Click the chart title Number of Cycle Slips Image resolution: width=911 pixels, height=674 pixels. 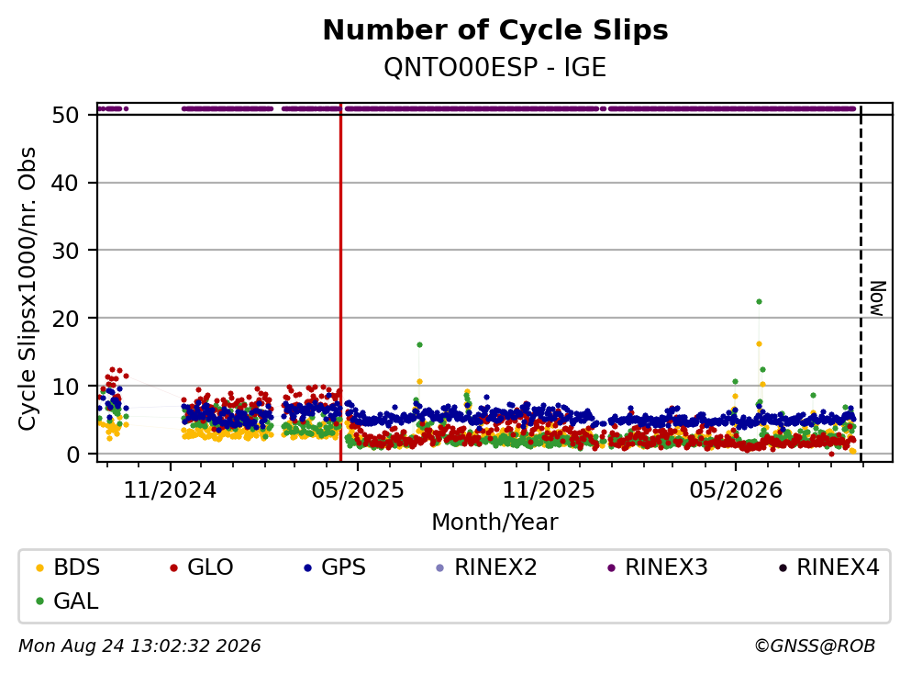(x=495, y=30)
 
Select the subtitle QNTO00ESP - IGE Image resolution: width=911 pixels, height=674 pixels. (x=495, y=67)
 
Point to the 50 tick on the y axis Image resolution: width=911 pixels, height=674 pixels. (x=66, y=115)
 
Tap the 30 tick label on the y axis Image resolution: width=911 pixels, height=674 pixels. (x=66, y=251)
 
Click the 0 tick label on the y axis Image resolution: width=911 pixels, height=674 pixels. (x=73, y=455)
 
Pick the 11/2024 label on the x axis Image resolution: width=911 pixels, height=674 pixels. (x=170, y=490)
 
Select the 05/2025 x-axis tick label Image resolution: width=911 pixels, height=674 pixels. (x=357, y=490)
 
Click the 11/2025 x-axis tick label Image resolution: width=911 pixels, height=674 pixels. (x=549, y=490)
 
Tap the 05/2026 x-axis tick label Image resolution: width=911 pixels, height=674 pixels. (x=736, y=490)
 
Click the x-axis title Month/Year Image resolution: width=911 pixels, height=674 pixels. (x=494, y=522)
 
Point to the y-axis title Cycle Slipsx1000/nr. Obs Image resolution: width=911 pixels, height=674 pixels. (x=28, y=288)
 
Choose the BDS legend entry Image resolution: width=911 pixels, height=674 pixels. (x=67, y=567)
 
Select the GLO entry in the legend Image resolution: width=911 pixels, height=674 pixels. (x=201, y=567)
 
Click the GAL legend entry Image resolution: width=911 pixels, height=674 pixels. (x=67, y=601)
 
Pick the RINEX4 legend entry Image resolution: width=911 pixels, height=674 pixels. (x=829, y=567)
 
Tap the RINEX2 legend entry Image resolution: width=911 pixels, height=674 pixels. (x=486, y=567)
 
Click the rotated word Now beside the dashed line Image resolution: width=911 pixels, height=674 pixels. (x=877, y=298)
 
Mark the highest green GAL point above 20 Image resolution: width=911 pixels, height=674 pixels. (x=759, y=301)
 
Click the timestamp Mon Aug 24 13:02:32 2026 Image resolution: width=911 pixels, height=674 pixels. (x=139, y=646)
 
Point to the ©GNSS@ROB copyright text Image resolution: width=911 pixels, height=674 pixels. (x=815, y=646)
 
